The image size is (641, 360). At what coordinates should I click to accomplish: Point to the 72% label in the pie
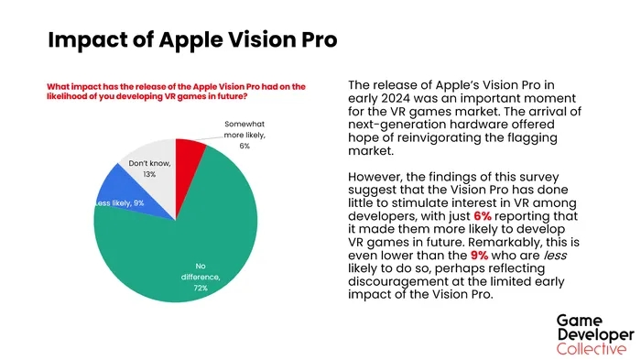tap(200, 289)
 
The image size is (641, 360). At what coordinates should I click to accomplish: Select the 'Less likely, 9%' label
tap(119, 203)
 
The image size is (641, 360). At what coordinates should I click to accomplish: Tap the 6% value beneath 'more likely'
tap(244, 146)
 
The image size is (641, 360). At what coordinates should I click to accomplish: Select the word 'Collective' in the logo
tap(592, 348)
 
